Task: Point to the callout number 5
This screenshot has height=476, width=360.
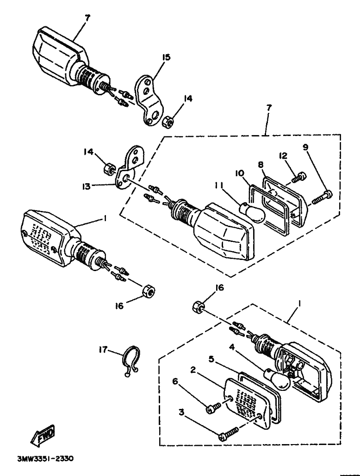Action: (x=211, y=358)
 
